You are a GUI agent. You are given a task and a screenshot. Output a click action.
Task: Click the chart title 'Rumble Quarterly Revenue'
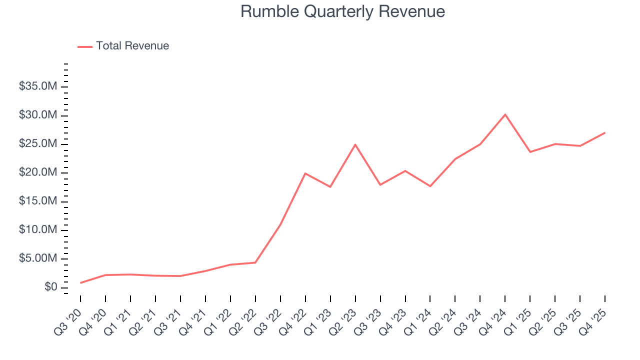tap(342, 11)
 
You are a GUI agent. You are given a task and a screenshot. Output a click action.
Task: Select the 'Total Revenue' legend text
tap(132, 46)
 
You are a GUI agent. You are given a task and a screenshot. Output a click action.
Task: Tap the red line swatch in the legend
tap(85, 46)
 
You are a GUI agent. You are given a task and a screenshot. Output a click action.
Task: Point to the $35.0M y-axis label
tap(38, 87)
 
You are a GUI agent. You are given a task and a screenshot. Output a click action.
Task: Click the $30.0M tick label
tap(38, 115)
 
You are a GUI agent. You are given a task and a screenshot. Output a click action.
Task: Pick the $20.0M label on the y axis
tap(38, 173)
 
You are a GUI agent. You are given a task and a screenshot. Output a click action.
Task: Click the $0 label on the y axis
tap(51, 287)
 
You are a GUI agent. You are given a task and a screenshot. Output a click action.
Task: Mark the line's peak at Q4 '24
tap(505, 114)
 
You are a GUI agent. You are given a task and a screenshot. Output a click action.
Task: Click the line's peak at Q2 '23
tap(355, 144)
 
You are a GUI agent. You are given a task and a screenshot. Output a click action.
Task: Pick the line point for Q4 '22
tap(305, 173)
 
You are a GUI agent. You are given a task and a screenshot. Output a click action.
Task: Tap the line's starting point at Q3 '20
tap(80, 283)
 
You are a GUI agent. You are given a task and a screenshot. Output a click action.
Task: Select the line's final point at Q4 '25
tap(605, 132)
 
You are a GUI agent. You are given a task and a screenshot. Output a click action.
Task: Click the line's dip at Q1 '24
tap(430, 186)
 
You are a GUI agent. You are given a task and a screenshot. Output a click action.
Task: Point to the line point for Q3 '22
tap(280, 224)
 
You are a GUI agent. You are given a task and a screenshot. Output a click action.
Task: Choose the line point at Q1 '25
tap(530, 152)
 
